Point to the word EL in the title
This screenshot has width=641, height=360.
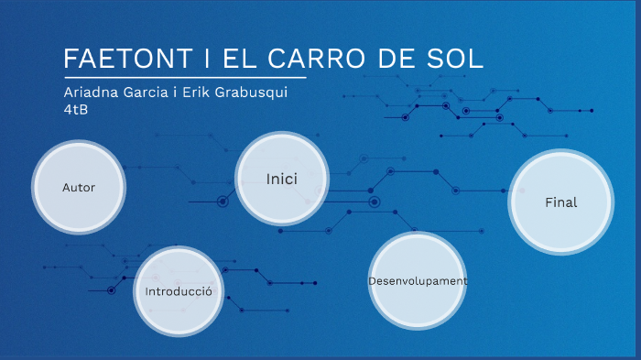[241, 59]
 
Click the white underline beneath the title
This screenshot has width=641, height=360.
[183, 79]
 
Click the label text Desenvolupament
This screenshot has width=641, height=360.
[418, 280]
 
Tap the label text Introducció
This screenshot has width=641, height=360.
[179, 291]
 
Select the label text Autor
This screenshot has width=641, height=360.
[79, 188]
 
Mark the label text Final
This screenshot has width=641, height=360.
[560, 202]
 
